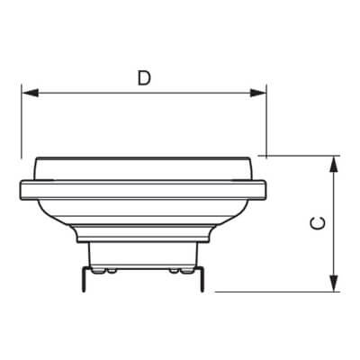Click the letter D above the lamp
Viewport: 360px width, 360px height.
[144, 77]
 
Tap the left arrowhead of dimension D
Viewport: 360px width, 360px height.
[28, 92]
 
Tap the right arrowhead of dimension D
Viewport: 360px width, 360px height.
[261, 92]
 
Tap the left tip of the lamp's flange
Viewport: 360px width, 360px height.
[22, 190]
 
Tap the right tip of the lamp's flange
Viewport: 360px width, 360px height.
[265, 190]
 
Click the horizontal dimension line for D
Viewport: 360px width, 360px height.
[144, 92]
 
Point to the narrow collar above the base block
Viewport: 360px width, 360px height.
[144, 236]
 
